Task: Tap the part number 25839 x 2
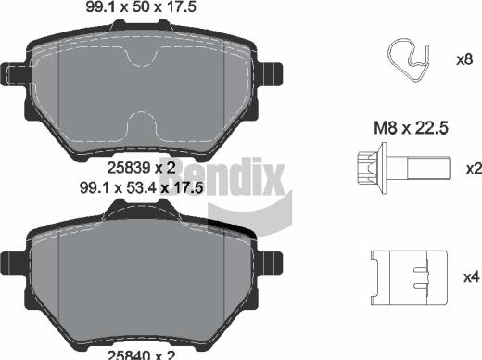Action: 140,168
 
